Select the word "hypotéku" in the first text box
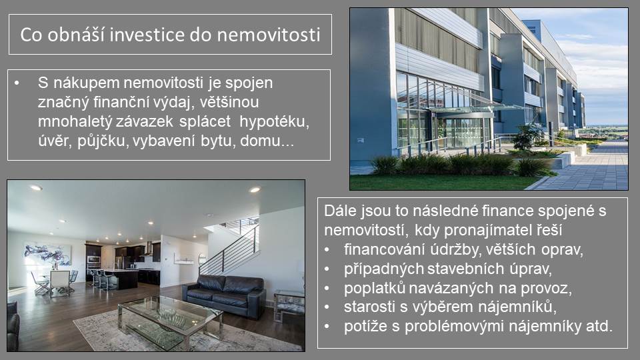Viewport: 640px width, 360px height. point(274,121)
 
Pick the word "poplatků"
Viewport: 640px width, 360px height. point(374,288)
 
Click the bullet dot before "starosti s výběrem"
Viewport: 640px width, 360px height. point(327,307)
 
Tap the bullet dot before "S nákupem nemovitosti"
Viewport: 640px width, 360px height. point(17,83)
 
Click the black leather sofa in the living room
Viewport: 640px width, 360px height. point(225,295)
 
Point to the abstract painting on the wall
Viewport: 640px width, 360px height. point(47,253)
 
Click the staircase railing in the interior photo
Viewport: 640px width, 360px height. point(230,250)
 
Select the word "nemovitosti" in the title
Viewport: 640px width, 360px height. point(268,35)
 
